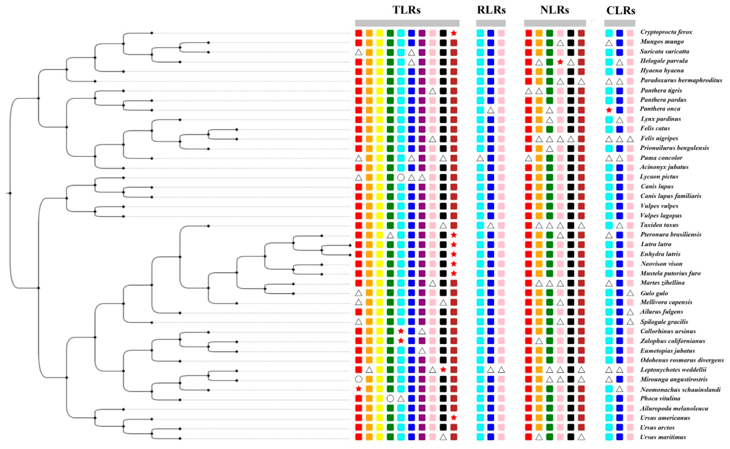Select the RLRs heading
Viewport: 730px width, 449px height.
(x=491, y=10)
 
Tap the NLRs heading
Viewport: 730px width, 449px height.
(x=554, y=10)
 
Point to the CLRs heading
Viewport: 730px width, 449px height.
(x=621, y=11)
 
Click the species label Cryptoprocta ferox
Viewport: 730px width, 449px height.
(x=666, y=32)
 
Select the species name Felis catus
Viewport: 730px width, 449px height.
(x=655, y=128)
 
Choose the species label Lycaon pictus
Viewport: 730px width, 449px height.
(x=659, y=177)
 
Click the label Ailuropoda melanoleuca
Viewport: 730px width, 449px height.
(x=674, y=408)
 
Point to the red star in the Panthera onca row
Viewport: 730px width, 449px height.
(x=609, y=110)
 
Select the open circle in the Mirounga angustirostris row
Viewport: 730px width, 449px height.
(x=359, y=379)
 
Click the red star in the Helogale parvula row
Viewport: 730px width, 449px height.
(x=560, y=62)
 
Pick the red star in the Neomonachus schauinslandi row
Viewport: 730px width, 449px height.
(x=359, y=389)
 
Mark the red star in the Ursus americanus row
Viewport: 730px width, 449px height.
(x=453, y=418)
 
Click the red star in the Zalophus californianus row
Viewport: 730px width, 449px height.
(x=401, y=341)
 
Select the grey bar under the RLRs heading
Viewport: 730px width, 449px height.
(x=491, y=23)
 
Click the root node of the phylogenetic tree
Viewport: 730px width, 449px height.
(x=10, y=193)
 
